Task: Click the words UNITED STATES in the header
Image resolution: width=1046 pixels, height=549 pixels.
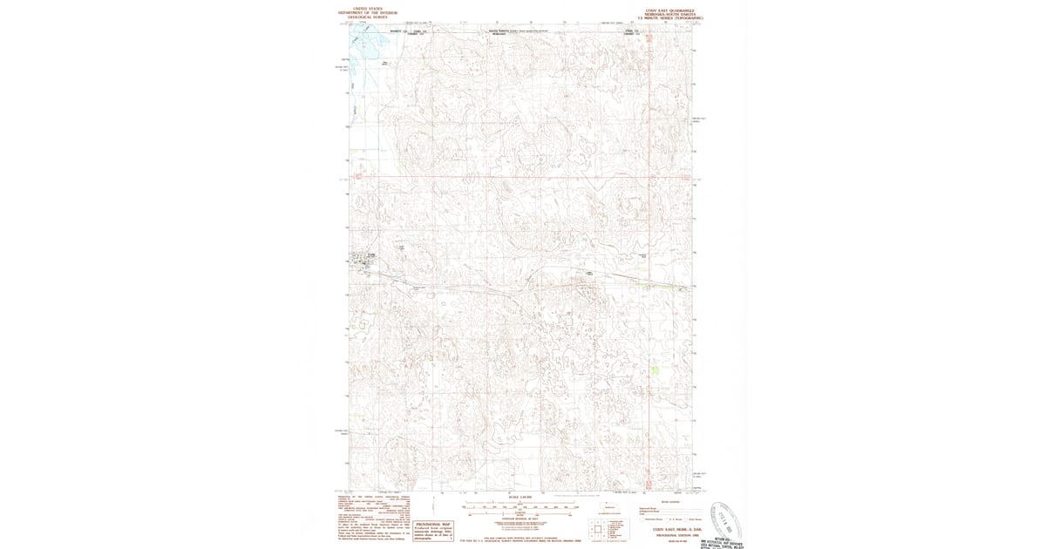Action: click(x=365, y=9)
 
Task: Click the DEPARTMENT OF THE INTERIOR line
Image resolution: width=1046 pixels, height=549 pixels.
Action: click(x=365, y=13)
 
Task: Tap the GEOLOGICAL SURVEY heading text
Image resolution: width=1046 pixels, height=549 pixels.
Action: click(x=365, y=17)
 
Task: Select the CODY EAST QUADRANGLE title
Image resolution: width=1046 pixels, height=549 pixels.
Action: click(x=667, y=9)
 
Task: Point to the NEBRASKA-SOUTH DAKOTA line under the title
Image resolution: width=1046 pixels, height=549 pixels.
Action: click(x=667, y=13)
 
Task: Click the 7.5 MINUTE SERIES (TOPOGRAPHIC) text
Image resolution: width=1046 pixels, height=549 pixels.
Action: click(x=667, y=17)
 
